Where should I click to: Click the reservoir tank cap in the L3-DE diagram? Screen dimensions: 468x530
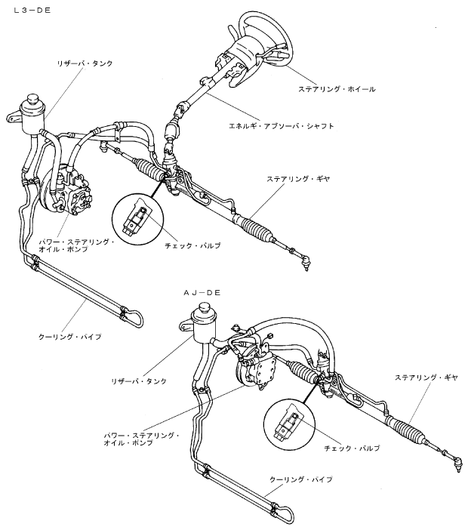click(35, 99)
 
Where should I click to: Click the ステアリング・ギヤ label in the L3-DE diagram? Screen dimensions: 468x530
click(298, 179)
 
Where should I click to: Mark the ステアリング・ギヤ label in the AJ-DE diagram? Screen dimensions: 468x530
click(423, 375)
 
